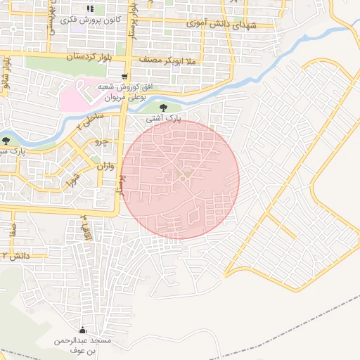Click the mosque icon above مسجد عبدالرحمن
[x=83, y=330]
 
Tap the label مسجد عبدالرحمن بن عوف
[x=82, y=345]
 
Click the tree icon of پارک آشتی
[x=164, y=108]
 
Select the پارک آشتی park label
[x=163, y=120]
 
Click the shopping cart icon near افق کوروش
[x=124, y=76]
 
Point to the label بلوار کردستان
[x=89, y=55]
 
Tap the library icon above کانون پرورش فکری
[x=89, y=8]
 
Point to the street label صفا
[x=12, y=229]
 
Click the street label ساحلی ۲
[x=92, y=119]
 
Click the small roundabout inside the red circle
[x=182, y=179]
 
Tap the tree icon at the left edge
[x=6, y=141]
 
